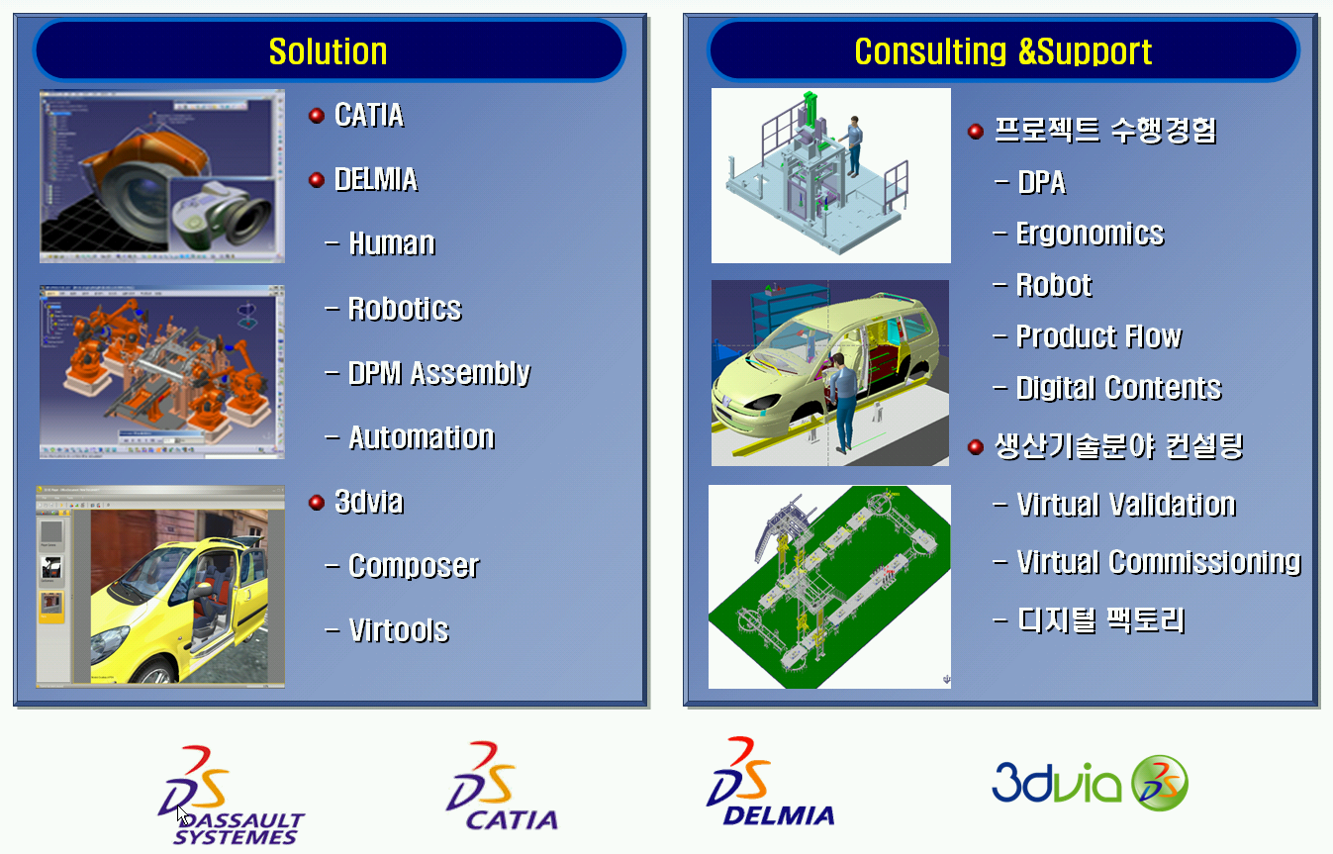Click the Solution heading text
[x=328, y=51]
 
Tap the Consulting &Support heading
[x=1002, y=51]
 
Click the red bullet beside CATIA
[x=317, y=116]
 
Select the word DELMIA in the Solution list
[x=376, y=179]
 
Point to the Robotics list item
[x=405, y=309]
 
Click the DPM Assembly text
[x=439, y=373]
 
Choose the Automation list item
[x=422, y=437]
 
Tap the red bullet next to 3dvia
[x=317, y=503]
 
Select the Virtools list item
[x=399, y=630]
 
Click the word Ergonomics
[x=1091, y=234]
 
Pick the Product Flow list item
[x=1098, y=336]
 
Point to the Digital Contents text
[x=1119, y=388]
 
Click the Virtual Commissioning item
[x=1159, y=562]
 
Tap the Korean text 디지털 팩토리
[x=1100, y=620]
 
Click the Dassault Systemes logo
[x=231, y=795]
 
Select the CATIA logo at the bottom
[x=502, y=786]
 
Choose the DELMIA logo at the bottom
[x=770, y=781]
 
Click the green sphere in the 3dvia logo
[x=1159, y=783]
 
